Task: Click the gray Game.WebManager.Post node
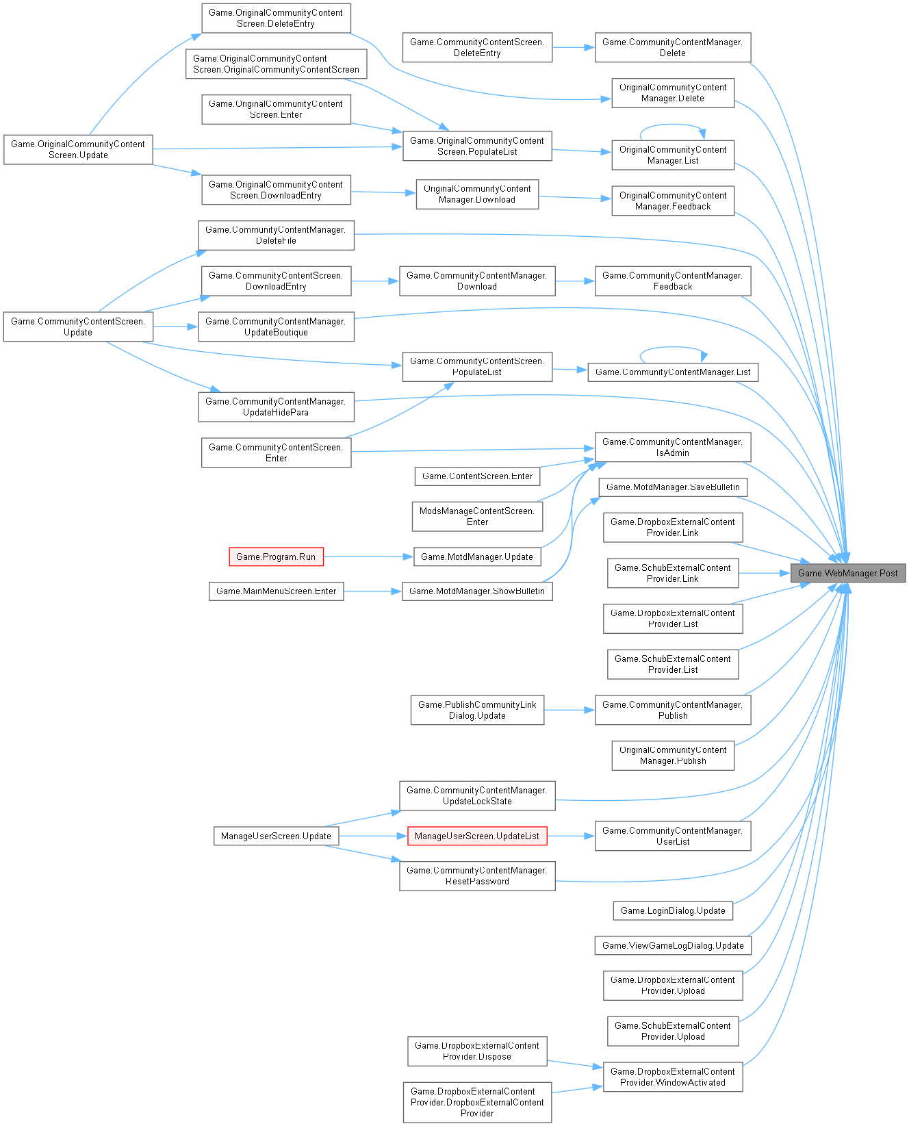point(847,574)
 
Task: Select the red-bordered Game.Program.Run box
point(276,557)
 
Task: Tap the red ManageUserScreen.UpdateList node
point(477,836)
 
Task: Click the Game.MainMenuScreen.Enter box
point(276,591)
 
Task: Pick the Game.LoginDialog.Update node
point(672,910)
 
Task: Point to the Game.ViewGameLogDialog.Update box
point(672,945)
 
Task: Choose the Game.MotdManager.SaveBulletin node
point(672,487)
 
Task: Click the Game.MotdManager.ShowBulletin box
point(477,591)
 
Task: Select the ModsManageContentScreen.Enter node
point(477,516)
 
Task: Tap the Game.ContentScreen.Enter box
point(477,476)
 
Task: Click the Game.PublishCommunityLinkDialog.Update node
point(477,710)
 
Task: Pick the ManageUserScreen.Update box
point(276,836)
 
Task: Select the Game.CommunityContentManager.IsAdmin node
point(672,447)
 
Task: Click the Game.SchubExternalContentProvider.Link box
point(672,573)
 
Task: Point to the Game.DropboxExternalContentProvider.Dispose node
point(477,1051)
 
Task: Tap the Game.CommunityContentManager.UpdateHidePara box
point(276,407)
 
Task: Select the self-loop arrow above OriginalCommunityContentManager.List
point(672,125)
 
